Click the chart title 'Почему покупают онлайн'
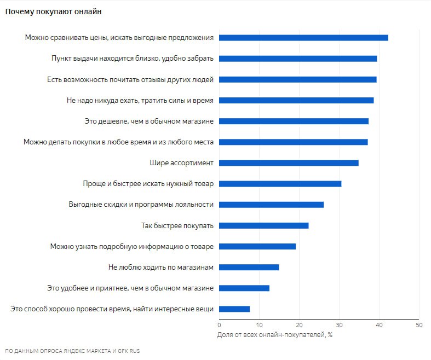click(x=53, y=11)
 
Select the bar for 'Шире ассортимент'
click(x=289, y=163)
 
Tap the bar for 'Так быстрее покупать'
click(x=263, y=226)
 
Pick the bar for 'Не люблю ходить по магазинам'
click(x=249, y=268)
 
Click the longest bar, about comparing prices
click(x=303, y=38)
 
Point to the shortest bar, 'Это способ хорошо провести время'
click(x=234, y=309)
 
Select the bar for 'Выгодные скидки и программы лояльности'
click(x=271, y=205)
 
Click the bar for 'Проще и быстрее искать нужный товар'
click(x=280, y=184)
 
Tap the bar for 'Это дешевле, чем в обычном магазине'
click(x=294, y=121)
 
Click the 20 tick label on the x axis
click(x=299, y=325)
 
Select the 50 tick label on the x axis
click(x=419, y=325)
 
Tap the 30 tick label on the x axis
click(x=339, y=325)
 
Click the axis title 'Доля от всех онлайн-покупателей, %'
click(x=274, y=335)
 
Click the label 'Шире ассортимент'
click(x=181, y=163)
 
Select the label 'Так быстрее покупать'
click(x=177, y=226)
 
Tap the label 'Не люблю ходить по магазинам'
click(x=161, y=267)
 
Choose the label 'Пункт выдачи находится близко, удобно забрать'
click(x=133, y=59)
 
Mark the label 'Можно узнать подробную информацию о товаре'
click(x=131, y=247)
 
